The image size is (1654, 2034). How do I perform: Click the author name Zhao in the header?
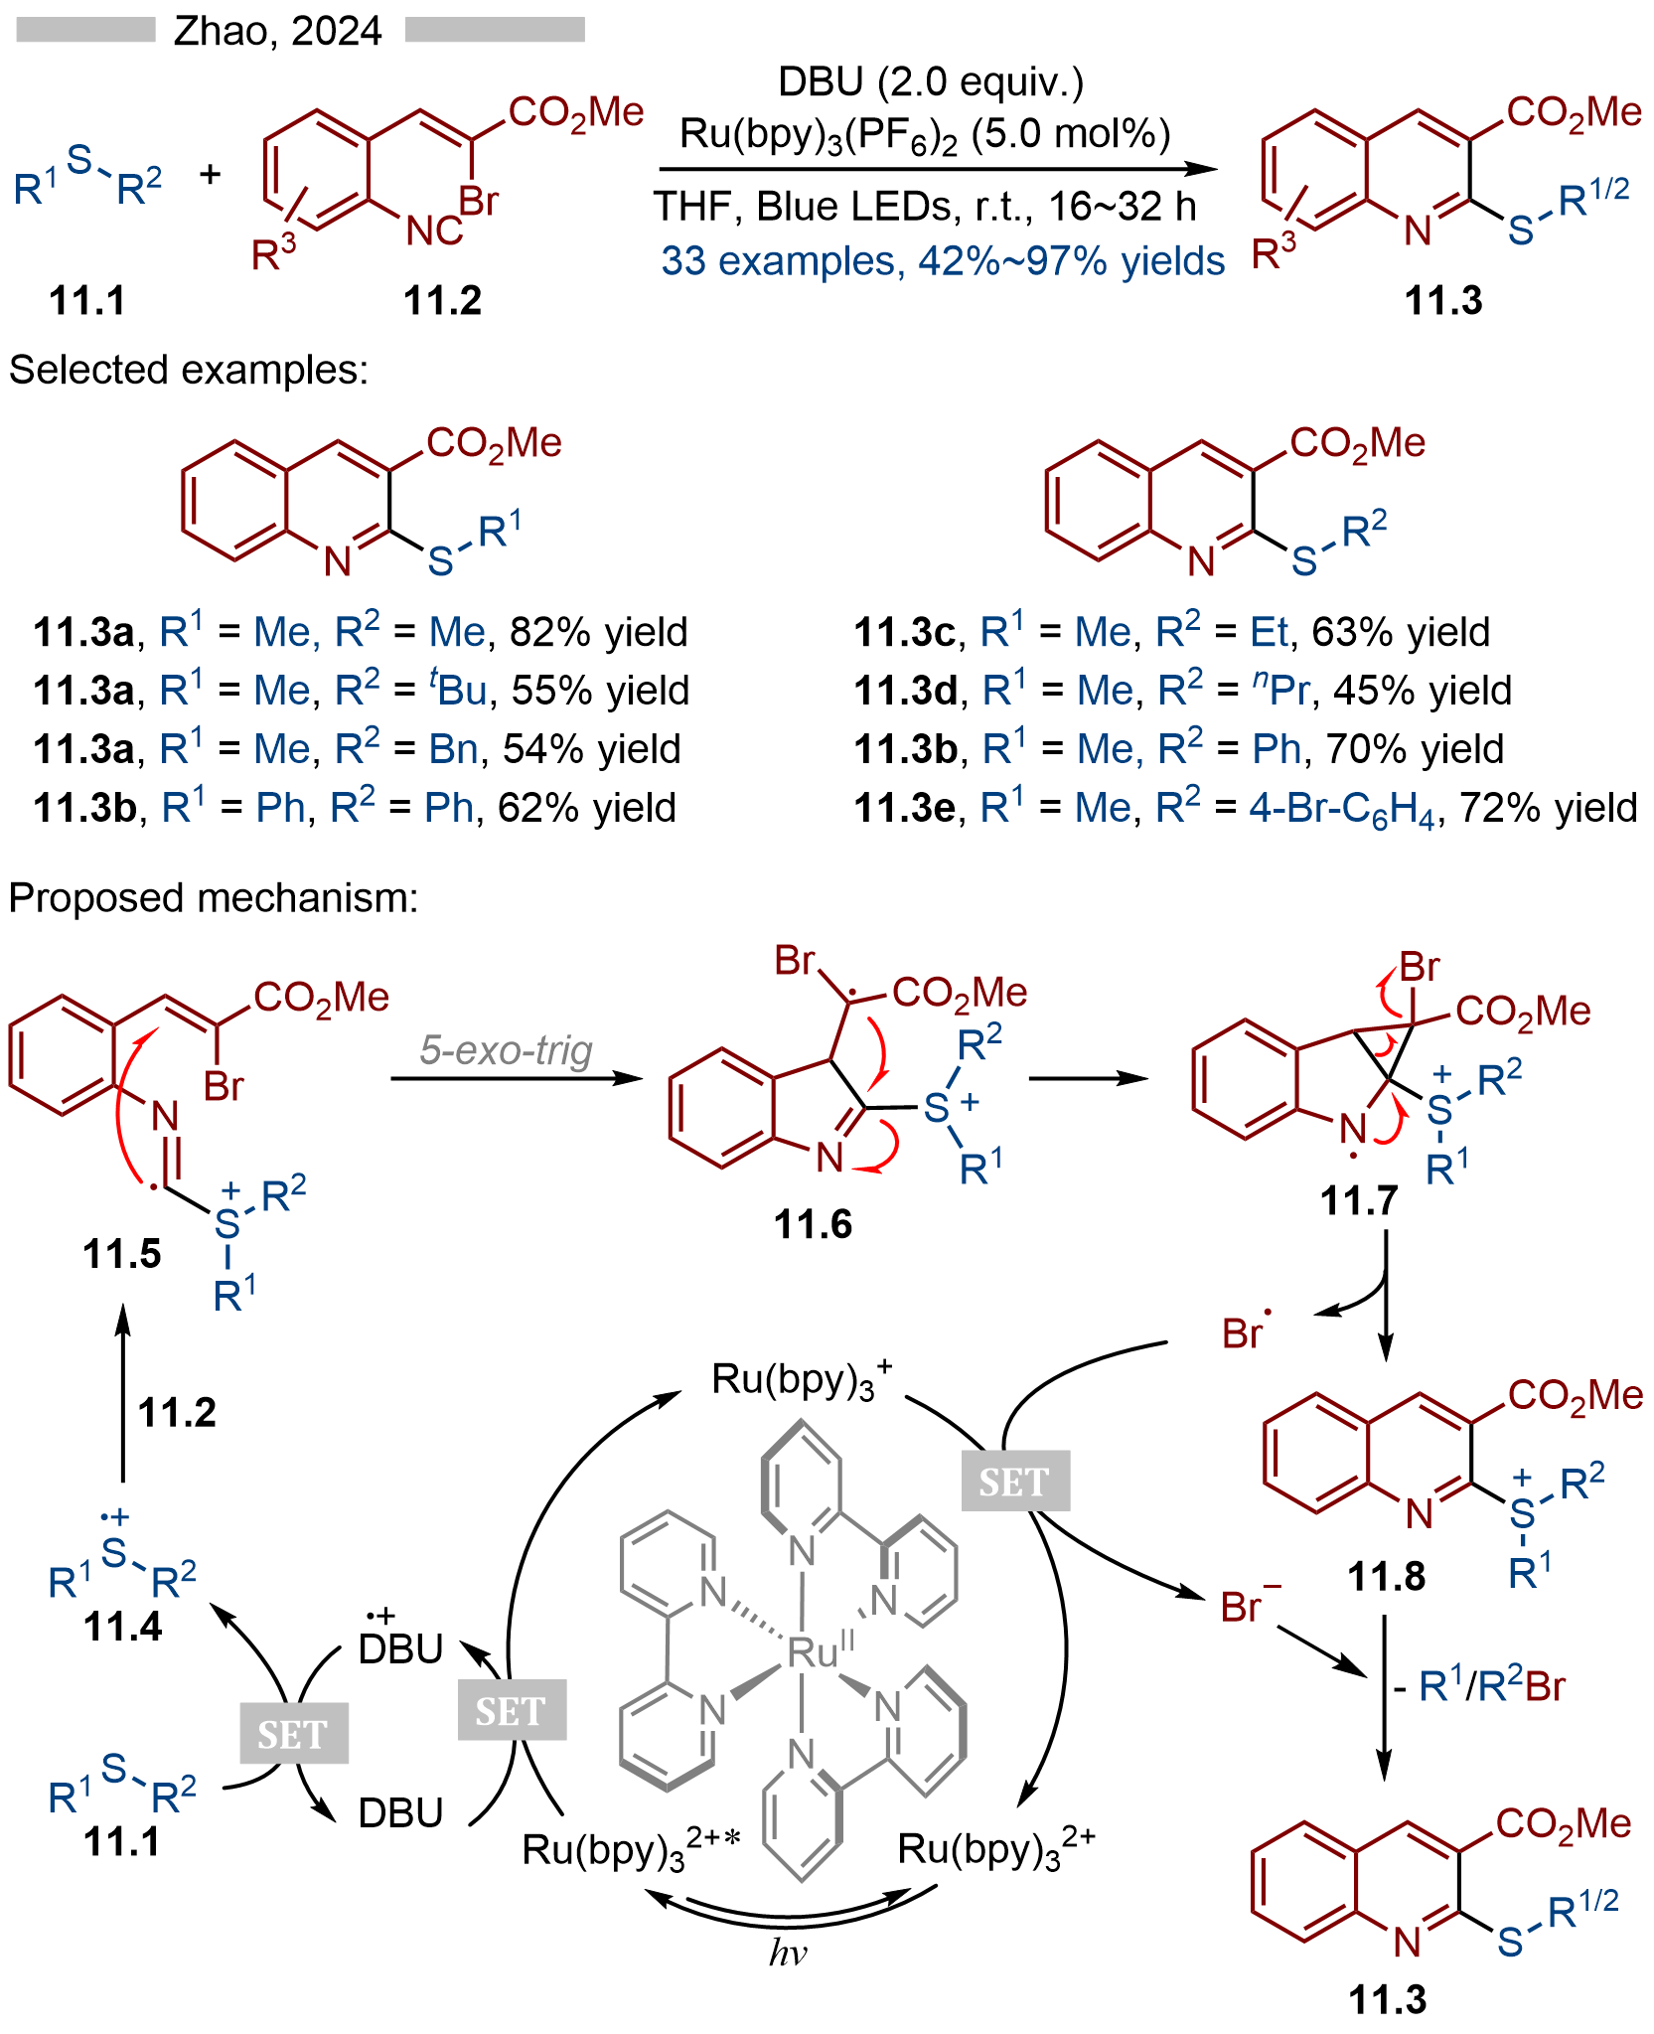[x=222, y=32]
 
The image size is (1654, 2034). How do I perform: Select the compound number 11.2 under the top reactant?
[x=442, y=300]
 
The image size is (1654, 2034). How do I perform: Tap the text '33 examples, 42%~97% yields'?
[x=943, y=261]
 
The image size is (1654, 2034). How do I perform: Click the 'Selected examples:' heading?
[x=189, y=370]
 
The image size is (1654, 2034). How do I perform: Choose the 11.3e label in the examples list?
[x=904, y=808]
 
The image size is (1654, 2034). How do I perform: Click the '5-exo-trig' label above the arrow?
[x=506, y=1049]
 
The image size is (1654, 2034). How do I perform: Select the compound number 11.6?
[x=813, y=1225]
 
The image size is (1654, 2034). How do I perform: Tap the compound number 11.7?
[x=1358, y=1201]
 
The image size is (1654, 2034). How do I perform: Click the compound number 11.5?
[x=121, y=1254]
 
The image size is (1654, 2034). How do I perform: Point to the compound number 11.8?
[x=1386, y=1576]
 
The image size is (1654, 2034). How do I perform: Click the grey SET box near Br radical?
[x=1014, y=1482]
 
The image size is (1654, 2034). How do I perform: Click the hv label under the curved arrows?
[x=788, y=1954]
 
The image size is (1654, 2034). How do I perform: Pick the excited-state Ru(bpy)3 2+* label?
[x=632, y=1849]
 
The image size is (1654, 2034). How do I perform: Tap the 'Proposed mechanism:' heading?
[x=214, y=898]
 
